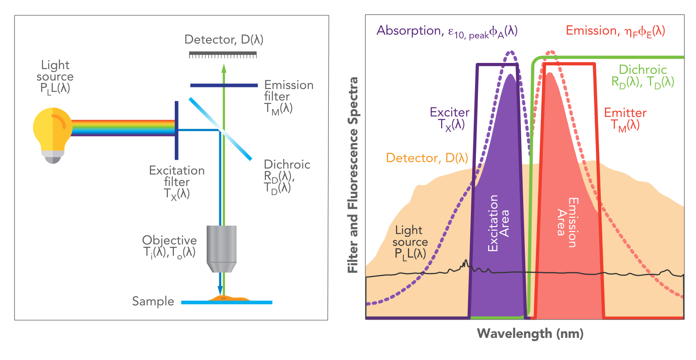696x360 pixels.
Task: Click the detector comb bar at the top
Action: [x=223, y=54]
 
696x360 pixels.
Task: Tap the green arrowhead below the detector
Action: [x=224, y=68]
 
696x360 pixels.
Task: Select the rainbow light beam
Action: [x=123, y=127]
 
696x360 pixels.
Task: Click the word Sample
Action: [x=153, y=302]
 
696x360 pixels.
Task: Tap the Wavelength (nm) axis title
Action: [x=530, y=333]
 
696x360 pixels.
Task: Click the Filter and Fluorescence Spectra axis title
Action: [x=352, y=175]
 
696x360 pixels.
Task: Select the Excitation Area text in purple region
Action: [x=498, y=223]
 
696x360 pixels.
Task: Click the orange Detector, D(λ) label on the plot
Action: [x=427, y=158]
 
